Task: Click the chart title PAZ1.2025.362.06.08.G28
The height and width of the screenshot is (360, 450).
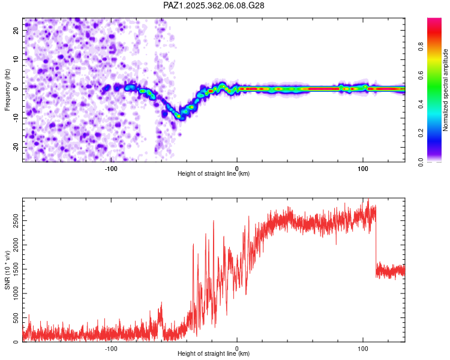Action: click(214, 5)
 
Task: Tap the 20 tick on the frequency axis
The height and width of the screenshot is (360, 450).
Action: click(17, 30)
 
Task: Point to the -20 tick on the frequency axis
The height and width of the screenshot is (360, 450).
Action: click(15, 147)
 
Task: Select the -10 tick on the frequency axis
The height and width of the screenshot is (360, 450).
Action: click(15, 118)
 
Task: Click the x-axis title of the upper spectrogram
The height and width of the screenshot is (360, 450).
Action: click(214, 174)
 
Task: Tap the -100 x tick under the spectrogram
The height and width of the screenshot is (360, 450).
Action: click(111, 167)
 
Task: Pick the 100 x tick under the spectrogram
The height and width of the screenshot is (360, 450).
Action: click(363, 167)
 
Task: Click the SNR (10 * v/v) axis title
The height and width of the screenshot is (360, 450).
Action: click(8, 270)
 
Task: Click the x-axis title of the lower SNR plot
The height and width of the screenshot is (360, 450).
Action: click(214, 354)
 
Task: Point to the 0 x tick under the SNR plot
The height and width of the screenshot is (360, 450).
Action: click(237, 347)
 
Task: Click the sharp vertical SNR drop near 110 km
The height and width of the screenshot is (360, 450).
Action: click(376, 240)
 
